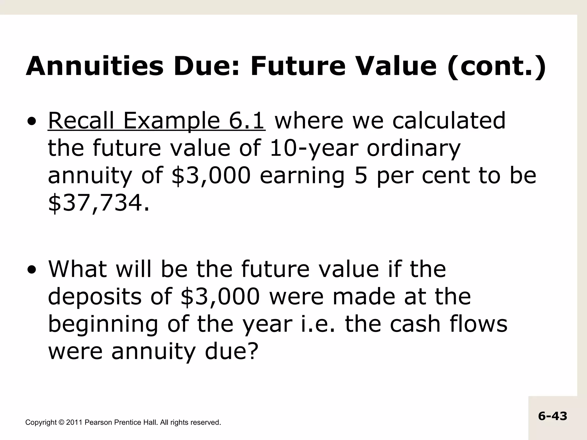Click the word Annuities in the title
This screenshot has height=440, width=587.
point(95,66)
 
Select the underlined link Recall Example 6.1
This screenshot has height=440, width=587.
point(156,121)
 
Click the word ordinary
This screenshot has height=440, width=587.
point(413,148)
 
